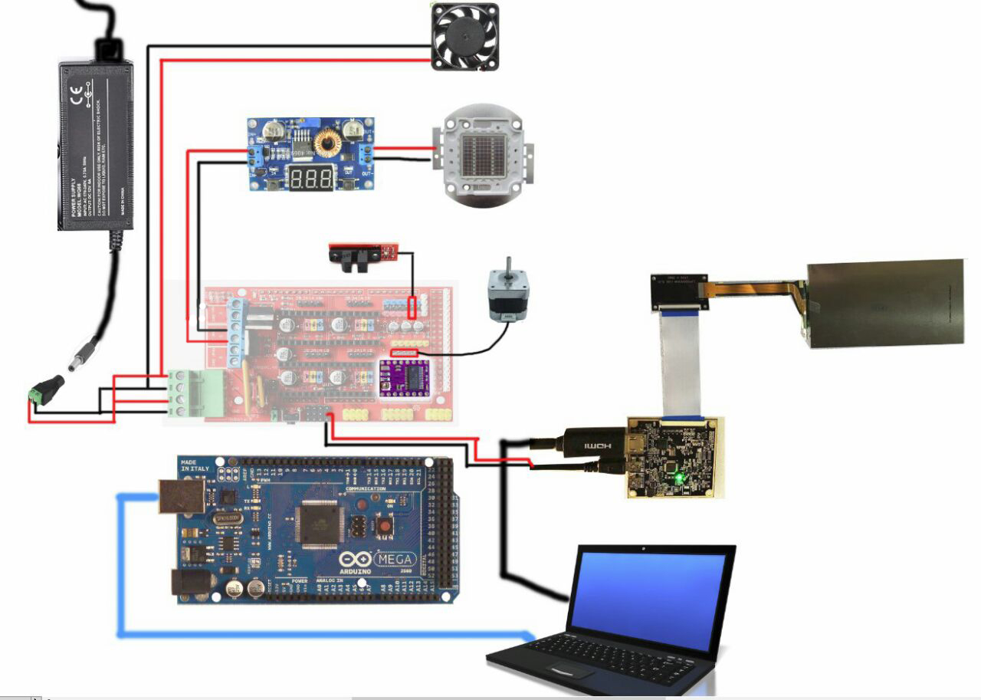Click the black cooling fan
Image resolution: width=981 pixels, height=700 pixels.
[465, 37]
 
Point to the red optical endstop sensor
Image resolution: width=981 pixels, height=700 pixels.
[363, 252]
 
